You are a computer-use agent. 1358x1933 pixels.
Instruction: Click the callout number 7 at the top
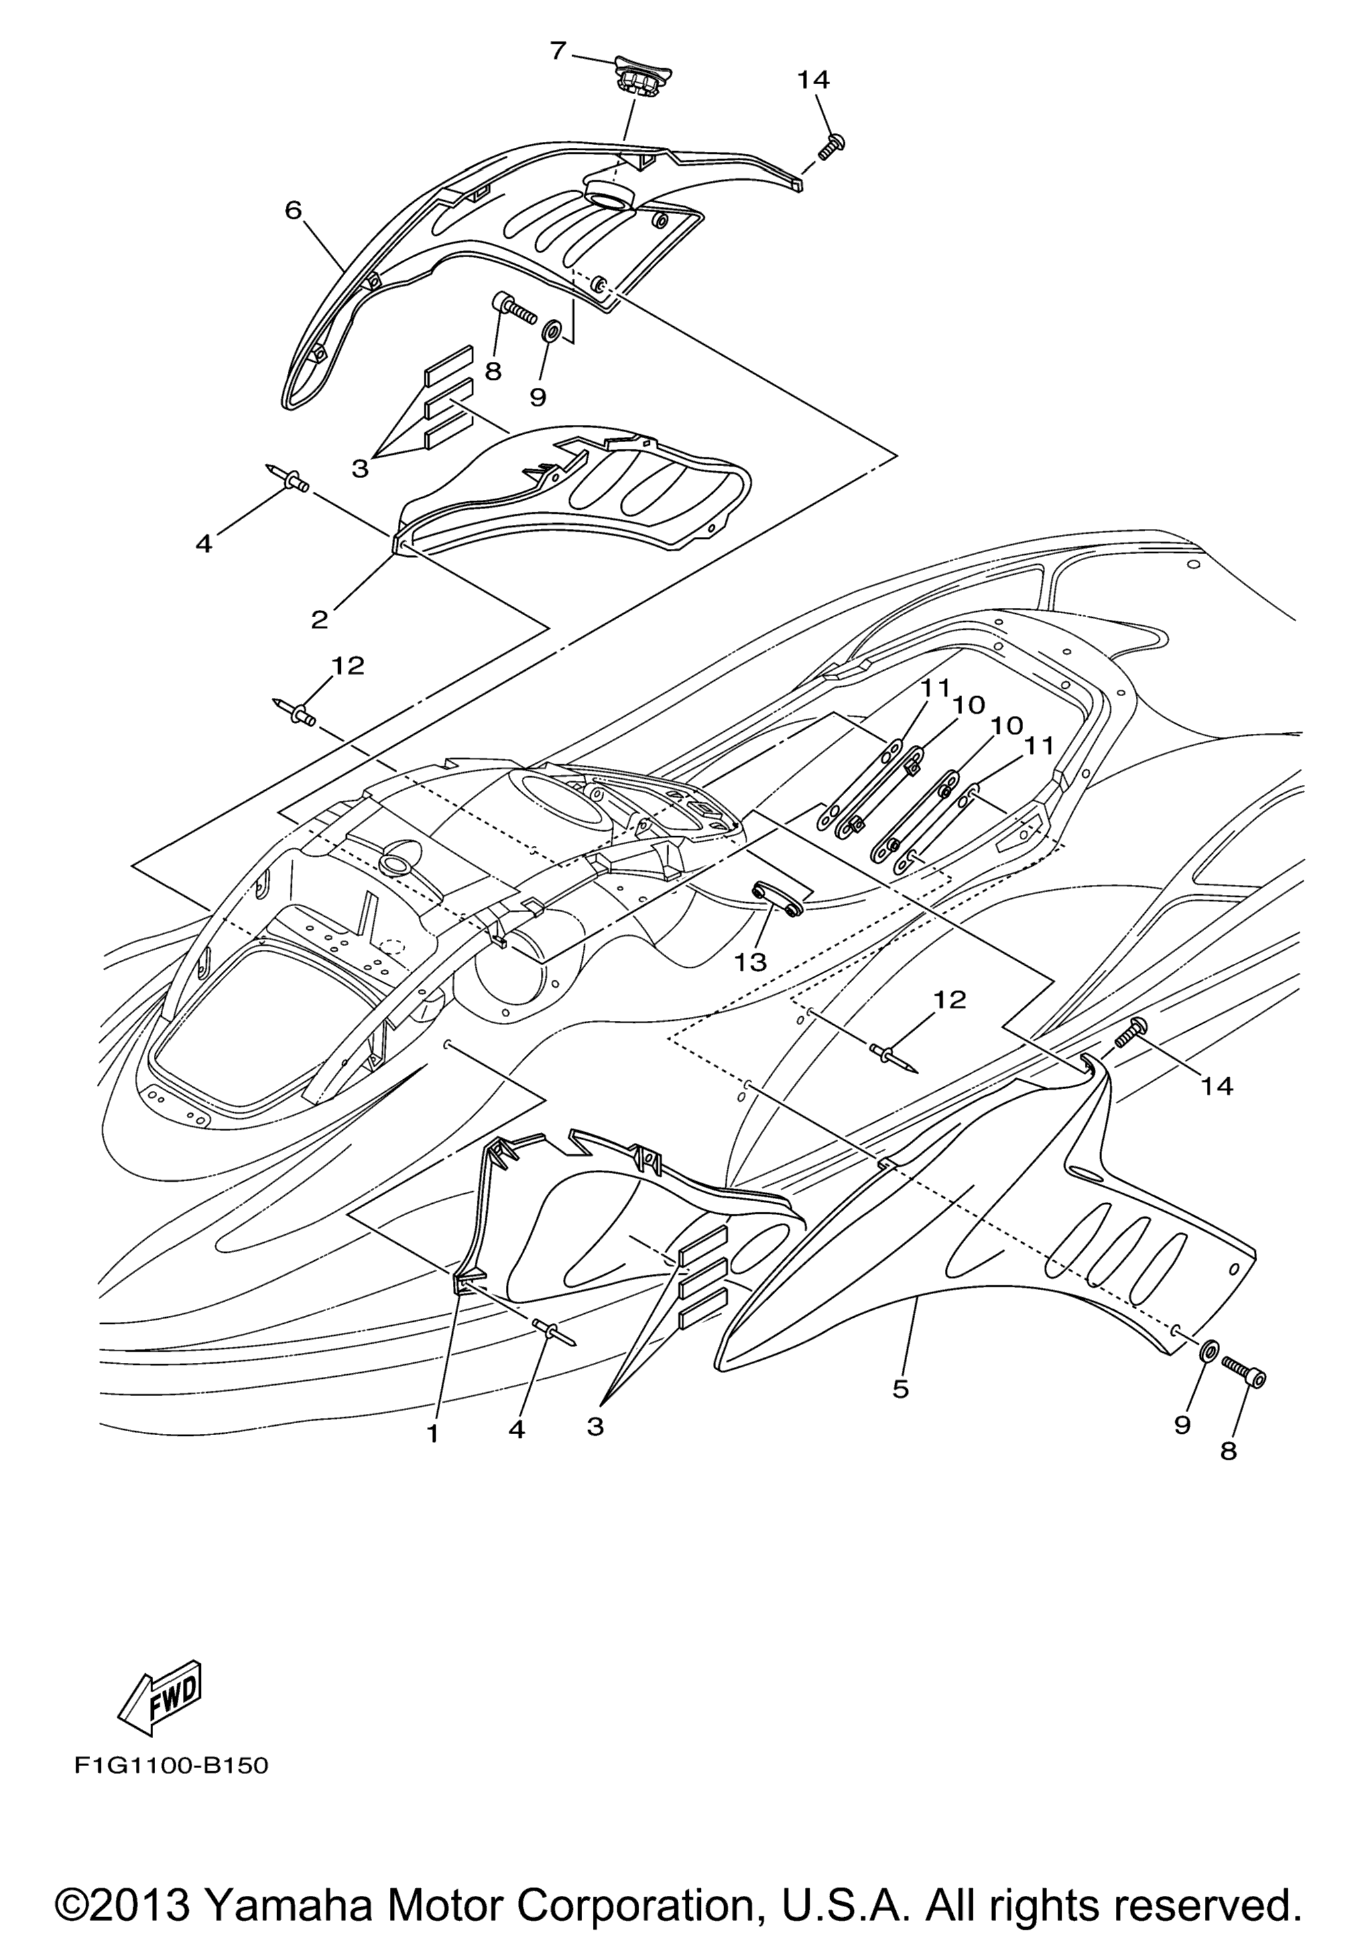[558, 51]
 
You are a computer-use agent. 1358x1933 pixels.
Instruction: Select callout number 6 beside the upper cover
[292, 209]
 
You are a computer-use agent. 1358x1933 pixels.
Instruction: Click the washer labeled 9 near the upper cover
[552, 330]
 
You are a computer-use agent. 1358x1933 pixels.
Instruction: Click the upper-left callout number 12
[347, 666]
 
